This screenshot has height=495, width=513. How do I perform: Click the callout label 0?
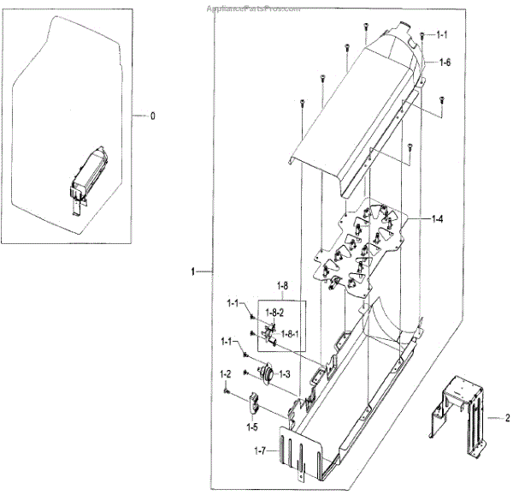pos(152,115)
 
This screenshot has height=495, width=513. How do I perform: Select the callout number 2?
pos(507,418)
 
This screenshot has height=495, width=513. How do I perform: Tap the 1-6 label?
pos(445,63)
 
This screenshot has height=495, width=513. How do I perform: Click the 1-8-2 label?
pos(274,315)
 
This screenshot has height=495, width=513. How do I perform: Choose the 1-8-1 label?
pos(292,334)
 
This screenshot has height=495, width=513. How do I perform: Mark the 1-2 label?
pos(227,373)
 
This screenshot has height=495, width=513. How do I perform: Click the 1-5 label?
pos(252,426)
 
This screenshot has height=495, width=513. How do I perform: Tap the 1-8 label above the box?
pos(283,284)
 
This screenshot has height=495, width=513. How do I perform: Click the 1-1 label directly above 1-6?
pos(441,35)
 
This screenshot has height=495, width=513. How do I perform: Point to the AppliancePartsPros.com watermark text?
pos(254,8)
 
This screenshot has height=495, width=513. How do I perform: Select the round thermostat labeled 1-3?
pos(266,373)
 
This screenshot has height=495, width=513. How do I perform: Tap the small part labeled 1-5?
pos(255,403)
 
